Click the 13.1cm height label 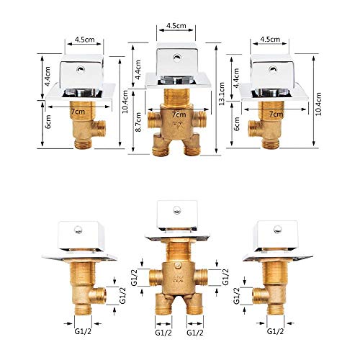click(x=222, y=94)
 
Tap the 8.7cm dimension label click(x=138, y=122)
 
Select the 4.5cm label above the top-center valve click(x=176, y=26)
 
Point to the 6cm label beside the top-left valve click(x=48, y=122)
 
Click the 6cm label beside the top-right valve click(x=237, y=124)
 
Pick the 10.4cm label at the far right click(x=318, y=104)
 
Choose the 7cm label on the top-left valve click(x=78, y=112)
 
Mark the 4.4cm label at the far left click(x=48, y=76)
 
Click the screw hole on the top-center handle click(x=177, y=57)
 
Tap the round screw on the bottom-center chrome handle click(x=176, y=210)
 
